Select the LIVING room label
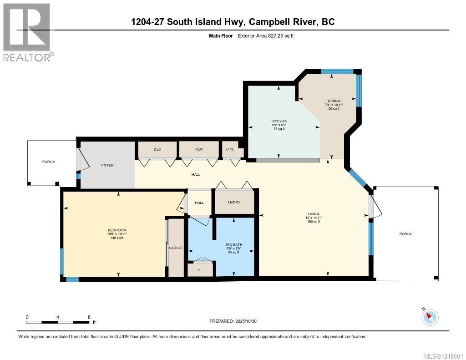coord(313,214)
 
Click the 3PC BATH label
coord(234,245)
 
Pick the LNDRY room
coord(234,203)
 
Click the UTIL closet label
coord(231,149)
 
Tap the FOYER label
coord(107,165)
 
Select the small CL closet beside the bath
coord(200,270)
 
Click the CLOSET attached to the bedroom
coord(176,248)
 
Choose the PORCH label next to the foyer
coord(49,162)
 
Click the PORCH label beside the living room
coord(406,234)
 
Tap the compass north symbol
coord(430,317)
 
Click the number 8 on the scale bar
coord(89,317)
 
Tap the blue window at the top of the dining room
coord(337,71)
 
